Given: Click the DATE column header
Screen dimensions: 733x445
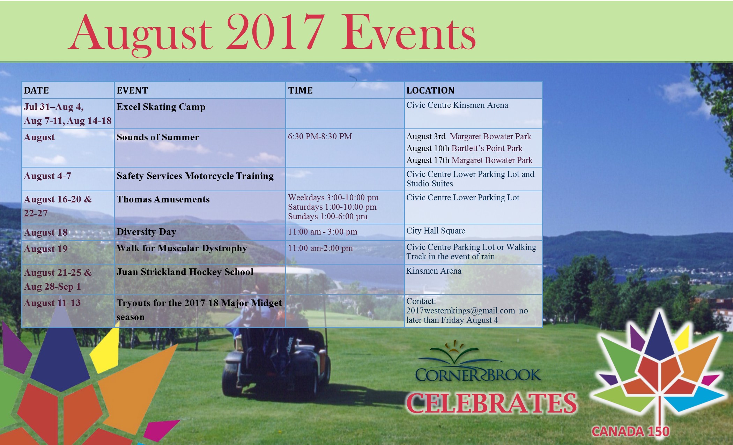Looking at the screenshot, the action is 36,90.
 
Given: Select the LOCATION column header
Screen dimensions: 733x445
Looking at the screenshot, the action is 430,90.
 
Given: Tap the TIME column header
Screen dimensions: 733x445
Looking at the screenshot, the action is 300,90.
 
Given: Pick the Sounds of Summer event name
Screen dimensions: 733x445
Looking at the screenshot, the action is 158,137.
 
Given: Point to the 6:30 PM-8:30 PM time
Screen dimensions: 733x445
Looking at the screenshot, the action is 320,136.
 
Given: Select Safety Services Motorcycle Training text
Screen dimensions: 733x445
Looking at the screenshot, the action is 195,176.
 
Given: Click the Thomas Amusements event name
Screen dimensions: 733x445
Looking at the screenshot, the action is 163,199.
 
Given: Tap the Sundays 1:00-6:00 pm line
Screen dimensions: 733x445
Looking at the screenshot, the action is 328,216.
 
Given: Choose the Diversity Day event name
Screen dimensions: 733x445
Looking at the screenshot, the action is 146,232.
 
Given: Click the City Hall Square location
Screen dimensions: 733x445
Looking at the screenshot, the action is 436,231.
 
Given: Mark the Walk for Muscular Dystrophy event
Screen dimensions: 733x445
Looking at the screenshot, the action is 182,248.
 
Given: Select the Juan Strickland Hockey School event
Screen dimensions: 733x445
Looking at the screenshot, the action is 185,272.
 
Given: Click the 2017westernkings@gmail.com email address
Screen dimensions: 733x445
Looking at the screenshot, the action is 460,311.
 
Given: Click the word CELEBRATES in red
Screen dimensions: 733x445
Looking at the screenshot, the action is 491,403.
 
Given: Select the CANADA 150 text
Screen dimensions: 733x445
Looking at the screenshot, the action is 630,432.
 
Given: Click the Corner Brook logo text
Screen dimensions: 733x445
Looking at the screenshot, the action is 478,375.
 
